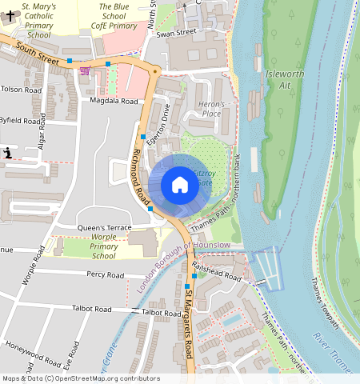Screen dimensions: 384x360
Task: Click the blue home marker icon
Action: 180,185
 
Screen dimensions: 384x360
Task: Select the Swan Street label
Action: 176,33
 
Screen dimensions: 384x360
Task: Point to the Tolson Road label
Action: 21,90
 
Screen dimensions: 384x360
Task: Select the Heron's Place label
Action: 212,109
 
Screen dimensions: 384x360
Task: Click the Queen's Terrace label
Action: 104,228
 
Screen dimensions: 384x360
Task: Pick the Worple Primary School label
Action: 103,247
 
